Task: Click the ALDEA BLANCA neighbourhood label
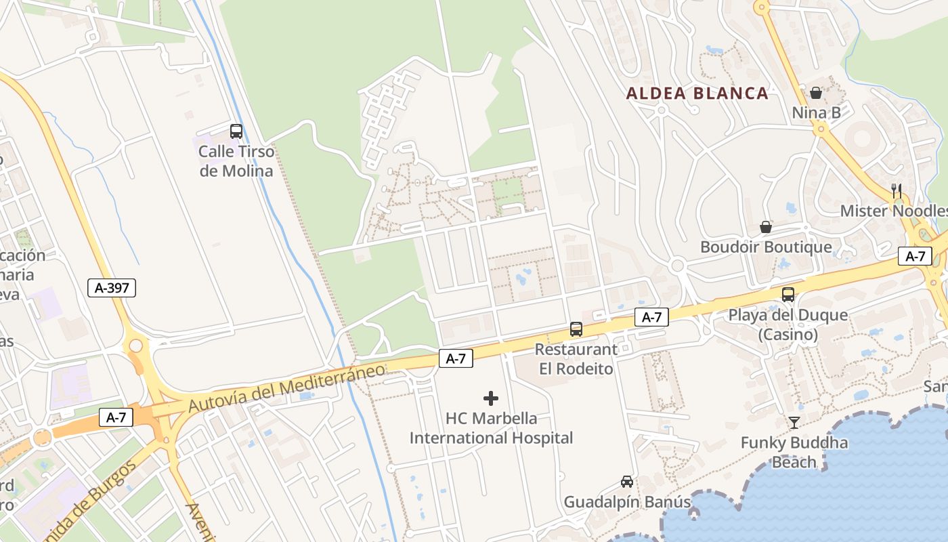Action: pyautogui.click(x=697, y=93)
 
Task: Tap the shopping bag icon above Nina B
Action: pyautogui.click(x=816, y=92)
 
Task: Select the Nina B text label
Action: pyautogui.click(x=816, y=112)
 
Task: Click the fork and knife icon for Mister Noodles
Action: pyautogui.click(x=897, y=190)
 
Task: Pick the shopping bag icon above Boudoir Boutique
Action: pyautogui.click(x=766, y=227)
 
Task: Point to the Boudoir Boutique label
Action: pyautogui.click(x=766, y=247)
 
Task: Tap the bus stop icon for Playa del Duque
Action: pyautogui.click(x=788, y=295)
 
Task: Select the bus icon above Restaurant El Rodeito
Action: pyautogui.click(x=576, y=329)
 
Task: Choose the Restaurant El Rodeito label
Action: pyautogui.click(x=576, y=359)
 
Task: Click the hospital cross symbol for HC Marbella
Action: pyautogui.click(x=491, y=398)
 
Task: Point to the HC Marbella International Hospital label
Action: pyautogui.click(x=491, y=428)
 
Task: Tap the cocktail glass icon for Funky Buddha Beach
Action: pyautogui.click(x=794, y=423)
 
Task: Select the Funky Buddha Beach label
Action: pyautogui.click(x=794, y=453)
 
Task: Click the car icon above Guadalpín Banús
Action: pyautogui.click(x=627, y=482)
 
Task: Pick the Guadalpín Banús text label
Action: pyautogui.click(x=627, y=502)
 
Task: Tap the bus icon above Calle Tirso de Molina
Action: pyautogui.click(x=236, y=131)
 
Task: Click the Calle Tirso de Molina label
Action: pyautogui.click(x=236, y=161)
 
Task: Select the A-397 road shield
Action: pyautogui.click(x=112, y=288)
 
